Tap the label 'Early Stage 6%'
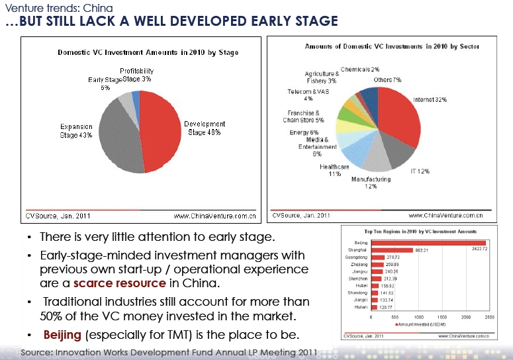tap(105, 83)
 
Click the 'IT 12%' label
tap(420, 171)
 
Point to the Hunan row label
tap(361, 306)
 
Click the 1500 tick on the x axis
tap(442, 318)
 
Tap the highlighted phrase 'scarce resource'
tap(119, 283)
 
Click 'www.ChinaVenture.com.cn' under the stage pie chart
tap(214, 215)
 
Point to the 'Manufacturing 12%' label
tap(364, 183)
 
